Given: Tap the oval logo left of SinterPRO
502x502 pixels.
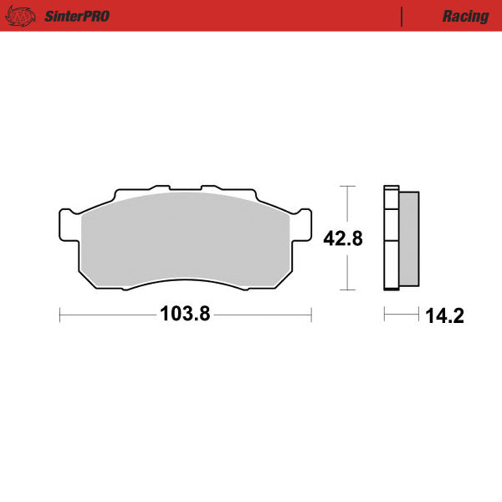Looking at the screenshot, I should click(x=25, y=16).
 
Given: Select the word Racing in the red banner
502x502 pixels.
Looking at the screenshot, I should click(x=466, y=16).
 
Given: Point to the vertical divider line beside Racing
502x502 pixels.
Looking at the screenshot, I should click(x=402, y=16).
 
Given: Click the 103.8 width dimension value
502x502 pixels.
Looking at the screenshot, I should click(x=185, y=315).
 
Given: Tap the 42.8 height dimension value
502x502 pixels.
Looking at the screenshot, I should click(x=343, y=238).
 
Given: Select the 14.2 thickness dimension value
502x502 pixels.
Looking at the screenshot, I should click(x=443, y=315).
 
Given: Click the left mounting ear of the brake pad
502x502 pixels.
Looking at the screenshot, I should click(x=68, y=223).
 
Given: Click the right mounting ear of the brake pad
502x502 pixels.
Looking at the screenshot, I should click(x=303, y=223).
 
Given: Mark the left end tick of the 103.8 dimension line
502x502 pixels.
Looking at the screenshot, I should click(x=60, y=315).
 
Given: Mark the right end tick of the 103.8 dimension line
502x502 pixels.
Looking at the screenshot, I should click(x=311, y=315).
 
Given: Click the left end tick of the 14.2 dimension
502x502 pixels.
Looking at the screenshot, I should click(x=384, y=315).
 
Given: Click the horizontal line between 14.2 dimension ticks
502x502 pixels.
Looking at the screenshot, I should click(x=402, y=315).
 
